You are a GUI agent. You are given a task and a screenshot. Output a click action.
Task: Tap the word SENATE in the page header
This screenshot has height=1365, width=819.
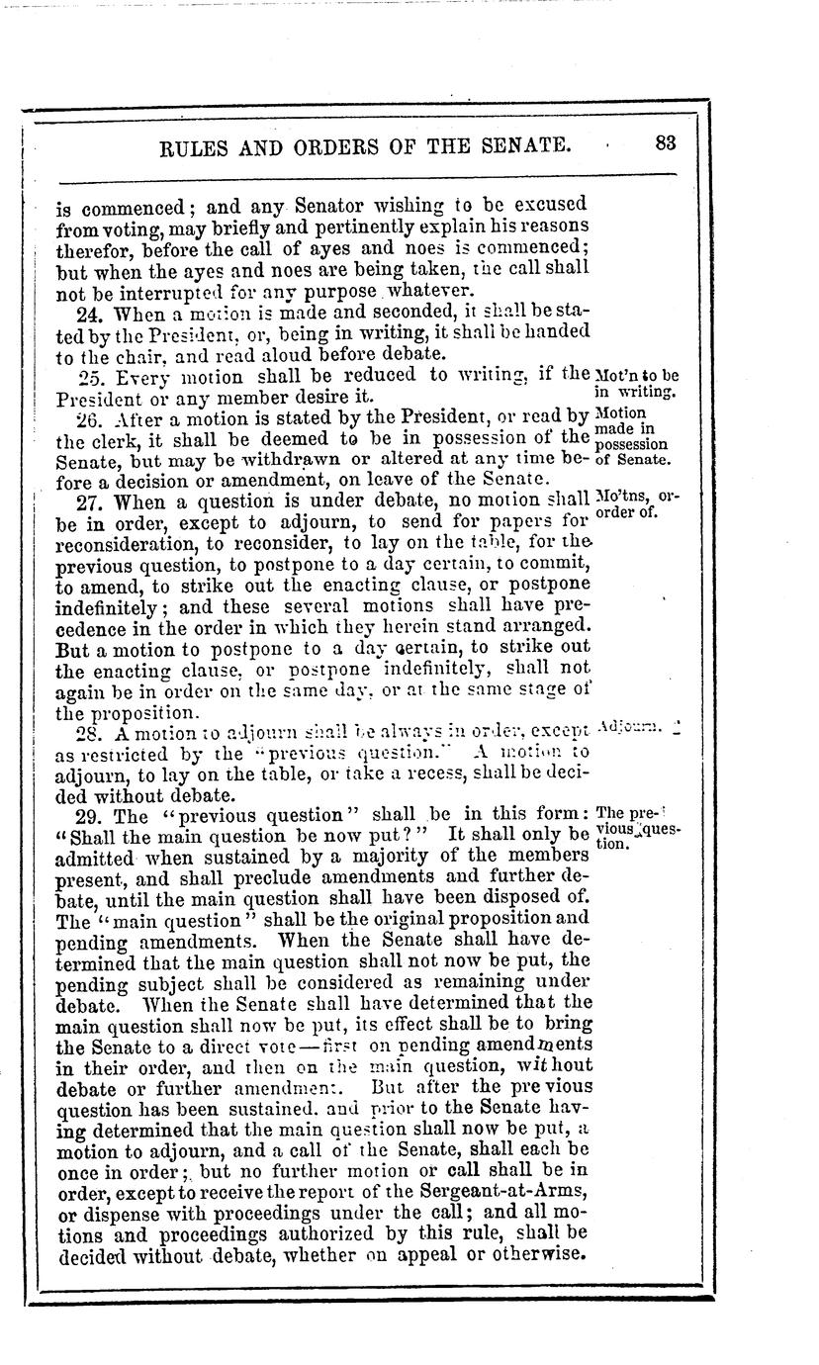click(521, 146)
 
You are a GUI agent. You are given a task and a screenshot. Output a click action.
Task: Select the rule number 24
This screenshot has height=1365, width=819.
click(87, 314)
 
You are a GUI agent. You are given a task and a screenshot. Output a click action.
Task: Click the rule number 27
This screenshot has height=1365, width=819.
click(87, 501)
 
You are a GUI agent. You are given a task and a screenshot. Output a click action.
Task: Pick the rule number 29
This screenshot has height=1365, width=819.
click(88, 817)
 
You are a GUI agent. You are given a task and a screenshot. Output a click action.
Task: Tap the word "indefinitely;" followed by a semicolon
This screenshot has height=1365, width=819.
click(109, 608)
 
